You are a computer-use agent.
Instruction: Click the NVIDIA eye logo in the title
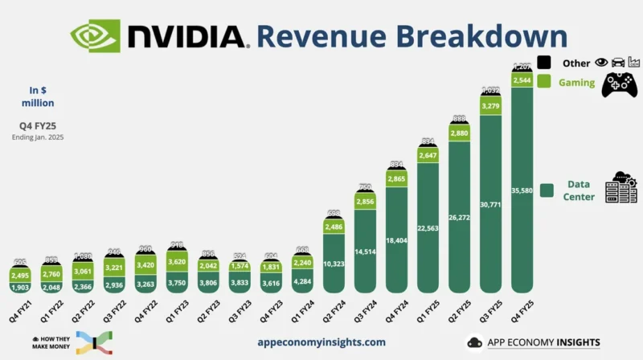click(94, 36)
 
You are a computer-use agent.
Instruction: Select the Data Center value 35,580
click(522, 190)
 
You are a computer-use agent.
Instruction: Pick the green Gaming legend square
click(543, 82)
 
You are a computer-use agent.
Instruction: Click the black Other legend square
click(543, 63)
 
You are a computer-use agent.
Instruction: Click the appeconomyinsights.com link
click(321, 342)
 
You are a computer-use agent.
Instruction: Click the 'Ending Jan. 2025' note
click(39, 137)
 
